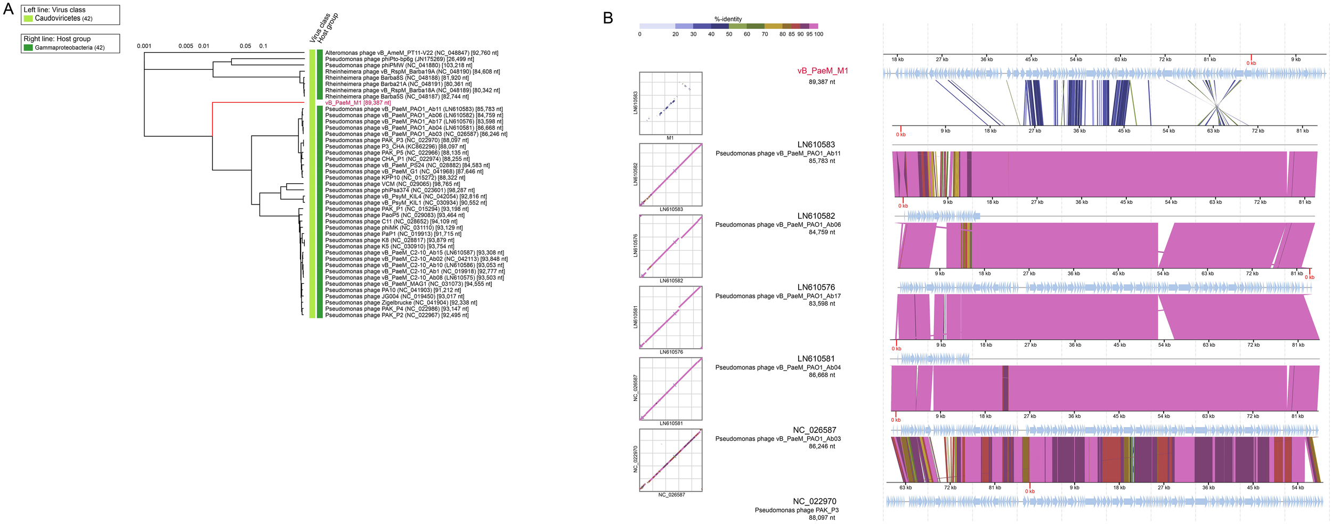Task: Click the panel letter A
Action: coord(9,9)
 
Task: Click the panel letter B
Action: coord(608,18)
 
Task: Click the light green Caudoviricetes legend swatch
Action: coord(28,19)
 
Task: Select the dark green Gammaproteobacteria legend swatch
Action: coord(28,48)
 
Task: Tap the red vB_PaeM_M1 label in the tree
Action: coord(358,103)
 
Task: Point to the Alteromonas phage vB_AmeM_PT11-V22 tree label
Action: coord(411,53)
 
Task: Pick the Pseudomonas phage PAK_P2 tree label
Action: coord(396,315)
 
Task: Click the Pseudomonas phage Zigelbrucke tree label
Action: coord(401,302)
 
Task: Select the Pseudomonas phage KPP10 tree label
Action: coord(395,178)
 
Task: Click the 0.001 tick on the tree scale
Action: coord(144,46)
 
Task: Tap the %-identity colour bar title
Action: coord(728,19)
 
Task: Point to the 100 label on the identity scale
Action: coord(818,34)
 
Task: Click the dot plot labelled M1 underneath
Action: coord(670,103)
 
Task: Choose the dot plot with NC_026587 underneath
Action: coord(670,460)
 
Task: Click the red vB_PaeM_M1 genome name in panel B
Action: coord(822,71)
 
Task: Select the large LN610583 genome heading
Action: coord(816,144)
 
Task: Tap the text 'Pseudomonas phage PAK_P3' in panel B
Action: coord(796,510)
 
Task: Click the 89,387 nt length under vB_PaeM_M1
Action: coord(822,82)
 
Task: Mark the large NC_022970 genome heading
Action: coord(814,501)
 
